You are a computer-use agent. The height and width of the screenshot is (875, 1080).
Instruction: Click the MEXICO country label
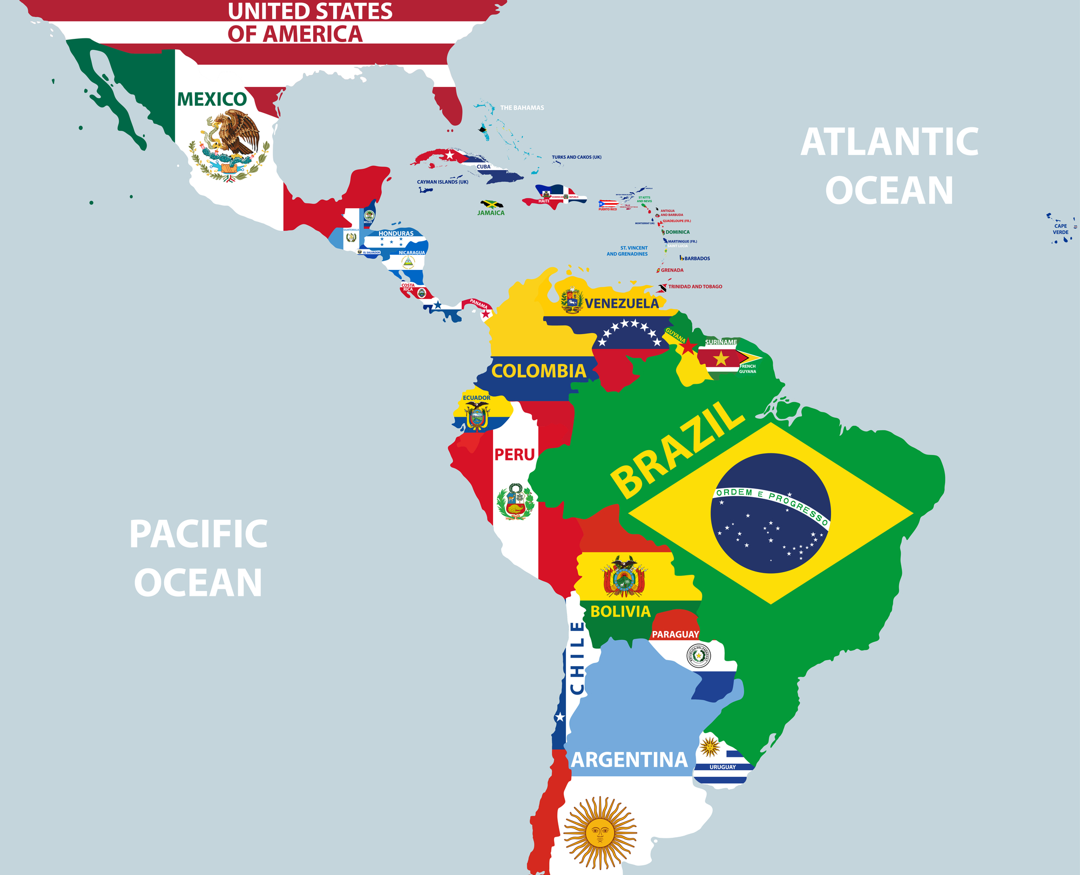point(212,99)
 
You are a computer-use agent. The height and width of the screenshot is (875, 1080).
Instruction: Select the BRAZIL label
point(678,450)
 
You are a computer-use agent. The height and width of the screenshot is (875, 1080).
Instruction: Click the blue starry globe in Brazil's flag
point(770,513)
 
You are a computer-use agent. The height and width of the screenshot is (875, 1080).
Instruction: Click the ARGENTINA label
point(629,760)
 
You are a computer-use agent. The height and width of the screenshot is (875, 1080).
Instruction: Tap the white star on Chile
point(560,717)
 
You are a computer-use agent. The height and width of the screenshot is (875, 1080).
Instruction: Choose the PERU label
point(514,455)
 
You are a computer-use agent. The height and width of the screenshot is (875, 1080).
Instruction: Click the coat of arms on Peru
point(516,501)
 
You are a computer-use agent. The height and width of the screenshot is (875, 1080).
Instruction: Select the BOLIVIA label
point(620,612)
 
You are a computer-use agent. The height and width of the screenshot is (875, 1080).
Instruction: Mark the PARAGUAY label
point(675,634)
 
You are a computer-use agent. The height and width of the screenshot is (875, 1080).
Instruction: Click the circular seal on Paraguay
point(698,656)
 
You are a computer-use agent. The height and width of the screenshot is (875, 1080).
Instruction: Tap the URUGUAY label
point(723,767)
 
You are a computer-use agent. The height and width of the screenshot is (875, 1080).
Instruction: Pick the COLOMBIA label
point(538,371)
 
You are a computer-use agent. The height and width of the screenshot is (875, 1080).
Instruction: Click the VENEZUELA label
point(622,303)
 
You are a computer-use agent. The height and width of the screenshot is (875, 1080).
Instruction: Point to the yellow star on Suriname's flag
point(721,358)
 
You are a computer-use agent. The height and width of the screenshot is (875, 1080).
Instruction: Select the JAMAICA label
point(491,213)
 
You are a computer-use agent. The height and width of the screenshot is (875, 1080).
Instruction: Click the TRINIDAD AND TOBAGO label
point(695,287)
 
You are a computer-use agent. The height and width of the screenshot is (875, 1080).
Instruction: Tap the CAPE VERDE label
point(1061,229)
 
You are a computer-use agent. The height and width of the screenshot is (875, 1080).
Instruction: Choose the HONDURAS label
point(396,234)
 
